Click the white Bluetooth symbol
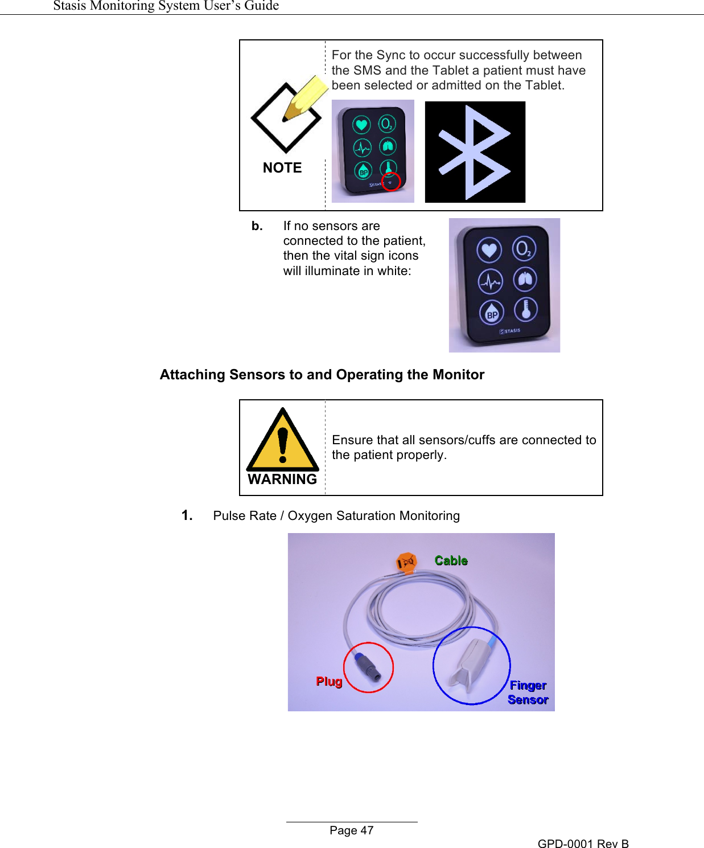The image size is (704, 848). [475, 152]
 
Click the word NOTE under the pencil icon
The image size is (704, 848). [282, 168]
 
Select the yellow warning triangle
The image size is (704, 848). [282, 442]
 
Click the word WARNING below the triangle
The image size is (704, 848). [282, 480]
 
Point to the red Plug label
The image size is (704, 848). [329, 682]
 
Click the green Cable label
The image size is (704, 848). [451, 561]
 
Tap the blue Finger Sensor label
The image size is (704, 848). [528, 693]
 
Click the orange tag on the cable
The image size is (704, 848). [407, 562]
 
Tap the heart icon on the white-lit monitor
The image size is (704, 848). [489, 250]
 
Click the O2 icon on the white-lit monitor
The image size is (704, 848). [524, 249]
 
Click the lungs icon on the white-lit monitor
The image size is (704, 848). [525, 280]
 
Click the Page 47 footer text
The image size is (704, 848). [351, 830]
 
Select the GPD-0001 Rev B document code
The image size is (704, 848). [583, 843]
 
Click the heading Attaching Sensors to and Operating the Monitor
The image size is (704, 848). [322, 375]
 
